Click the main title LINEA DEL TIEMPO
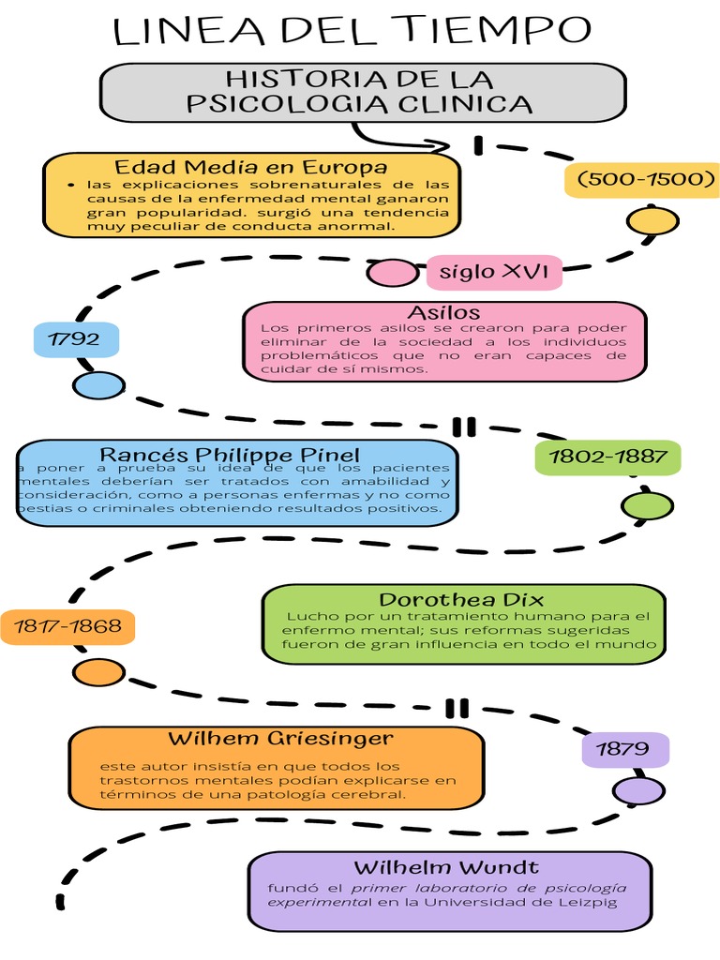[x=352, y=32]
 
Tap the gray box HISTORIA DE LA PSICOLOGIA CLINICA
[x=362, y=92]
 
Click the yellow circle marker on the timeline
[x=652, y=222]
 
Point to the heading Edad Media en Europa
[x=250, y=167]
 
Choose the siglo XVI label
[x=494, y=273]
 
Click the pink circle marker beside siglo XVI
[x=392, y=273]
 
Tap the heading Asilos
[x=443, y=312]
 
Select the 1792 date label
[x=74, y=338]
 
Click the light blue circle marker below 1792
[x=97, y=384]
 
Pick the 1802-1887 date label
[x=607, y=457]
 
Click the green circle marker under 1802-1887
[x=648, y=506]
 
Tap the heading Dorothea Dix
[x=461, y=599]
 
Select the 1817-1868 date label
[x=67, y=626]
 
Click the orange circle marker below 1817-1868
[x=98, y=671]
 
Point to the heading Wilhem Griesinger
[x=280, y=739]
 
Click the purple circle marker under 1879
[x=638, y=790]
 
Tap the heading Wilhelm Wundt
[x=446, y=867]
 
